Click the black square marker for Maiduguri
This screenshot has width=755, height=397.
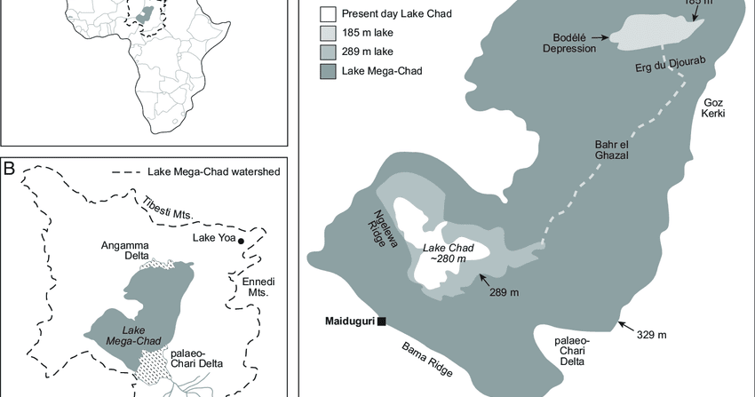(381, 321)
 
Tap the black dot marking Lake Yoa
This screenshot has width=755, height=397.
(241, 240)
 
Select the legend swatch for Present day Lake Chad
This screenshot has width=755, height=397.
(328, 13)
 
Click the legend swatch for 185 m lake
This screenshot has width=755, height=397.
(328, 32)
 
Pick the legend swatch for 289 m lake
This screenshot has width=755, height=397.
(328, 51)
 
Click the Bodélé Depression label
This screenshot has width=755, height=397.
(571, 43)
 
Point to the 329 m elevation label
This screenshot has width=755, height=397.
(653, 335)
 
